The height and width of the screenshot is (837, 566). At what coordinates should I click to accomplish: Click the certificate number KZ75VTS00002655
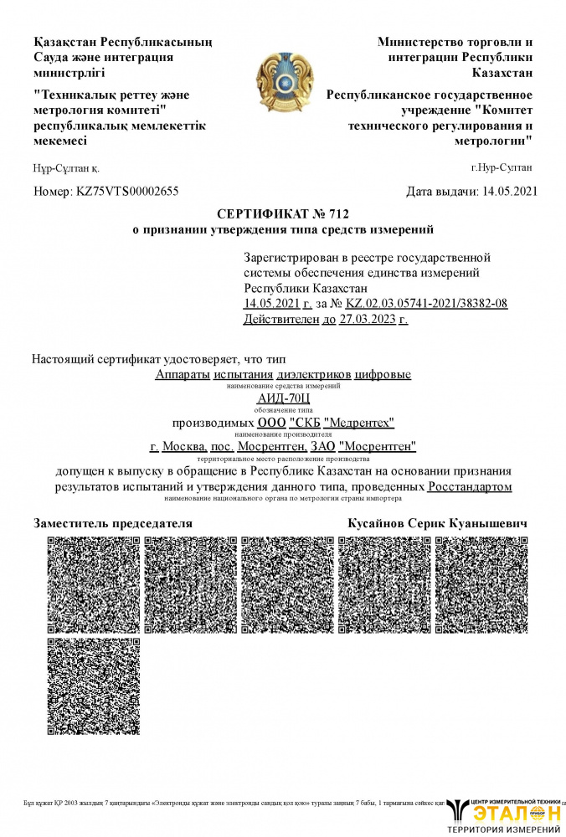coord(126,192)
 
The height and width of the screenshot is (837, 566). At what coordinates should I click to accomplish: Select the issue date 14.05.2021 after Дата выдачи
coord(510,192)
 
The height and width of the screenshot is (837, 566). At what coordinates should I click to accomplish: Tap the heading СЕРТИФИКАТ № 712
coord(282,213)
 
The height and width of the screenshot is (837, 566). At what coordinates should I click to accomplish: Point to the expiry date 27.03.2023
coord(368,319)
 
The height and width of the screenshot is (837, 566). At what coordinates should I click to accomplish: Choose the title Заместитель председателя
coord(113,523)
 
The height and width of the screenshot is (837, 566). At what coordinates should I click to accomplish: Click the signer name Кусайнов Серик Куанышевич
coord(437,523)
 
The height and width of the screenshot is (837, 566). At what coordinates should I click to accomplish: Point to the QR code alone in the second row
coord(93,685)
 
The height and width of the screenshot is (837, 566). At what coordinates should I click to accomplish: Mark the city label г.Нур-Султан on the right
coord(502,167)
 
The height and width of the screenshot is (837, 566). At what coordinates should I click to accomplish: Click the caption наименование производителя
coord(283,435)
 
